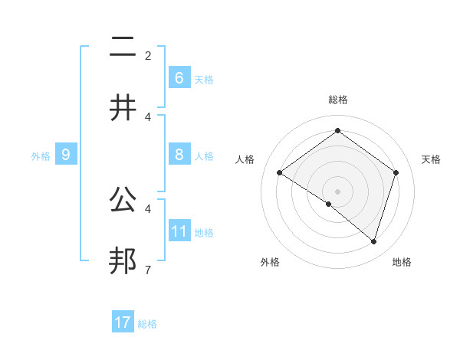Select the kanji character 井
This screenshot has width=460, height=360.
tap(123, 108)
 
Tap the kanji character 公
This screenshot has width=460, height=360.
tap(123, 200)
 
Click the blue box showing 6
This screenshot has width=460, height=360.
tap(179, 78)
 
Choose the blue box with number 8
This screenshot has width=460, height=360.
tap(179, 155)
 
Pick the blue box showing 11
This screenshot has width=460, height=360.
tap(179, 231)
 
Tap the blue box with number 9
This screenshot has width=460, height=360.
tap(66, 155)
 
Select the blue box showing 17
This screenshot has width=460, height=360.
tap(122, 322)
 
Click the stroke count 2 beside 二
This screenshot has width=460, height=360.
tap(148, 56)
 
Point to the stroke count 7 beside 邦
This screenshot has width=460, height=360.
tap(148, 270)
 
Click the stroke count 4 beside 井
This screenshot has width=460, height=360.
tap(148, 116)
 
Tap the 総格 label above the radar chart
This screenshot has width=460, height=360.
tap(337, 100)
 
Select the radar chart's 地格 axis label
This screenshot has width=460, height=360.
tap(402, 262)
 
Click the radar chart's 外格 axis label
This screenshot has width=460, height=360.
tap(270, 262)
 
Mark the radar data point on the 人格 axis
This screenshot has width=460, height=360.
tap(279, 173)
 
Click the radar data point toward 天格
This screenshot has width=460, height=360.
tap(396, 173)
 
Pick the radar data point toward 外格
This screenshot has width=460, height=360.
tap(329, 204)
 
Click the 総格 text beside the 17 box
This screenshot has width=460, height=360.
tap(147, 324)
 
